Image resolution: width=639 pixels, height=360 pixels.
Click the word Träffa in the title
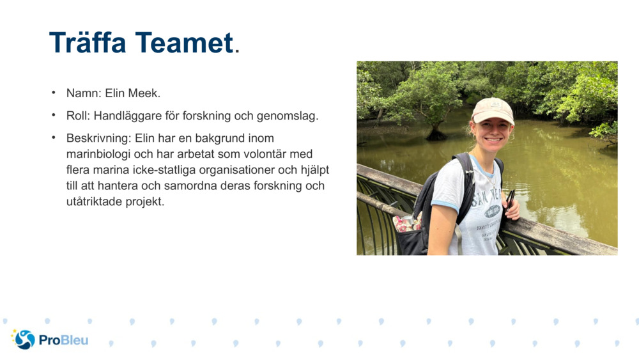tap(88, 42)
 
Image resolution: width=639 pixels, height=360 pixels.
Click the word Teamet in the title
tap(184, 42)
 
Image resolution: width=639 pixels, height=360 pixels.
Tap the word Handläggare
tap(128, 116)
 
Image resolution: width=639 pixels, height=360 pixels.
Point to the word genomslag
tap(288, 116)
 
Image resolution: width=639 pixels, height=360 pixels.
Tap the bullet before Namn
tap(54, 93)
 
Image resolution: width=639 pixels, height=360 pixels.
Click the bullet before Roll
tap(54, 115)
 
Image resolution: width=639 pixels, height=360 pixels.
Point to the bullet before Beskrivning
tap(54, 138)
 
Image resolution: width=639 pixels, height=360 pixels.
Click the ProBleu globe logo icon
tap(23, 339)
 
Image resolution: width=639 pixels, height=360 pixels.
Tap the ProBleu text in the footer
tap(63, 340)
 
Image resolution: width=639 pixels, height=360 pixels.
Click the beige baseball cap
tap(493, 110)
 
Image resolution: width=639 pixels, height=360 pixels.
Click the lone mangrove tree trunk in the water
tap(436, 131)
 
